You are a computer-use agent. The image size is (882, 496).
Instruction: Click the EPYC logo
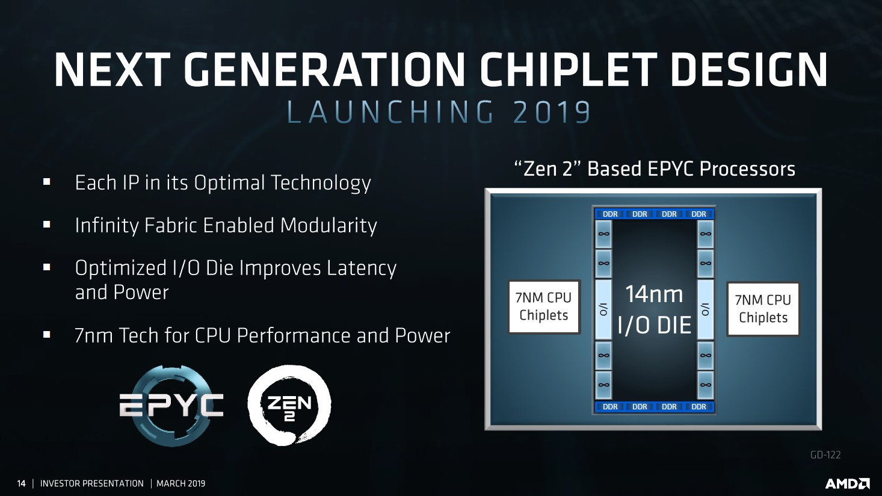click(171, 405)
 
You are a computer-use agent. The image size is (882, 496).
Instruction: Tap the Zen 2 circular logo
click(289, 405)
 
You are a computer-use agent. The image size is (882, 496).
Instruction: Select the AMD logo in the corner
click(847, 483)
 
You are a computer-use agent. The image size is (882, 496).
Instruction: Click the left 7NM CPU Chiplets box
click(544, 306)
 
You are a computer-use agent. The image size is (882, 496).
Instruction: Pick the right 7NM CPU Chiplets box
click(763, 309)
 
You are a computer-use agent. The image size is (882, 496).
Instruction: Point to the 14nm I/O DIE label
click(655, 309)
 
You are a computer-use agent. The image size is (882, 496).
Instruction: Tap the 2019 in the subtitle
click(552, 112)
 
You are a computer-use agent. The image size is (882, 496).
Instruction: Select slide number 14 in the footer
click(21, 483)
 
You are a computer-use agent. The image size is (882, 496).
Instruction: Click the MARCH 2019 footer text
click(180, 483)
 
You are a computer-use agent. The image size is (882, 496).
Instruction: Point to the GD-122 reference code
click(825, 455)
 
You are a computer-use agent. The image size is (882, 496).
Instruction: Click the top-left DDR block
click(610, 214)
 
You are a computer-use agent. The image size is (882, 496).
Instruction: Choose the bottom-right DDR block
click(699, 406)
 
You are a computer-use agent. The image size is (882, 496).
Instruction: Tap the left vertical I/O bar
click(603, 309)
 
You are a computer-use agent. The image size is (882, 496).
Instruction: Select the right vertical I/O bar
click(705, 309)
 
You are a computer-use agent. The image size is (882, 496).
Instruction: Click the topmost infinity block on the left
click(603, 234)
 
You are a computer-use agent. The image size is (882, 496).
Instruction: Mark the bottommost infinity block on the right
click(705, 385)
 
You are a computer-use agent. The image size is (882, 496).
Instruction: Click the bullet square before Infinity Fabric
click(47, 225)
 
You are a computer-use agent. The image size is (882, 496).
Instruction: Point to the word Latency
click(362, 268)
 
